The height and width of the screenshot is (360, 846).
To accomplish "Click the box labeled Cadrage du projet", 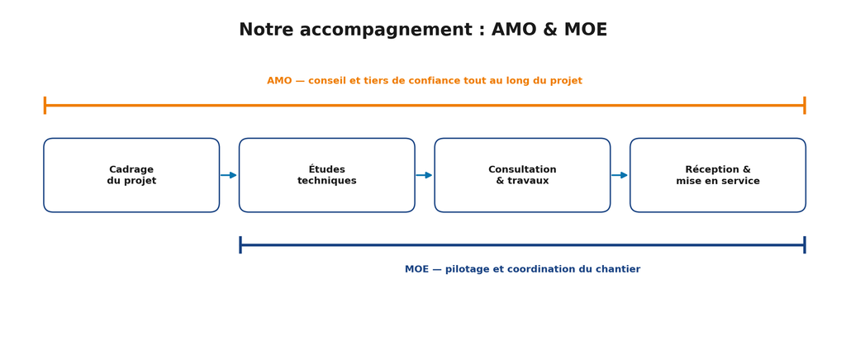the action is pyautogui.click(x=131, y=175).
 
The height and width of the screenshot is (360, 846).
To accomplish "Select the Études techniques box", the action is pyautogui.click(x=327, y=175).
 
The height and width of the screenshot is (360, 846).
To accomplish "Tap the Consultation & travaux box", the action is pyautogui.click(x=522, y=175).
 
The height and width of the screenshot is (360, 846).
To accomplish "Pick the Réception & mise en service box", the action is pyautogui.click(x=718, y=175).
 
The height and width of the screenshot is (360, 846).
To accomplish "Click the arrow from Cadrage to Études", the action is pyautogui.click(x=229, y=175).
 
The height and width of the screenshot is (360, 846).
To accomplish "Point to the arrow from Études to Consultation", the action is pyautogui.click(x=424, y=175).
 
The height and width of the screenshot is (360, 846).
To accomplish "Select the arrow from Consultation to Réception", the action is pyautogui.click(x=620, y=175).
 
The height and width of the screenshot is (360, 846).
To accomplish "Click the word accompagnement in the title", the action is pyautogui.click(x=387, y=31).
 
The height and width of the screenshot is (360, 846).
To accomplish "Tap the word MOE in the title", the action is pyautogui.click(x=586, y=30).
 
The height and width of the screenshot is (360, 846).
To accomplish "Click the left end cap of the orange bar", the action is pyautogui.click(x=45, y=106).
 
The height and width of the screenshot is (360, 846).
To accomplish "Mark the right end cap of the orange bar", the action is pyautogui.click(x=805, y=106).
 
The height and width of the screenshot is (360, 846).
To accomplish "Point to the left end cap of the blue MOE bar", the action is pyautogui.click(x=240, y=244).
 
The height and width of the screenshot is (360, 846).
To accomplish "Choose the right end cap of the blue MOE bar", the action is pyautogui.click(x=805, y=244).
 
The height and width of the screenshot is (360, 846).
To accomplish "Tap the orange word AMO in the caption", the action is pyautogui.click(x=279, y=81).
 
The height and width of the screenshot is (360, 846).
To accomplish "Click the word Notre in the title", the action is pyautogui.click(x=267, y=30).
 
